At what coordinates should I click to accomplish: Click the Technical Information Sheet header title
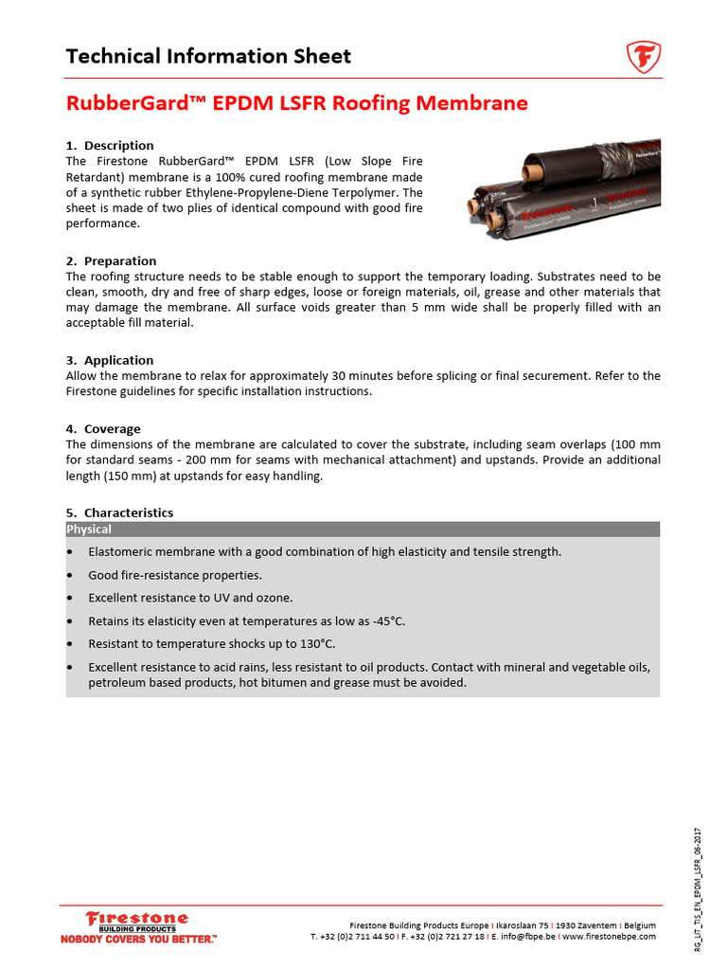(208, 56)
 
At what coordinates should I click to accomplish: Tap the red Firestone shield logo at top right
(644, 57)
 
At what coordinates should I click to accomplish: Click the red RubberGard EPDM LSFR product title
(296, 103)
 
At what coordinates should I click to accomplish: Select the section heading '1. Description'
(110, 145)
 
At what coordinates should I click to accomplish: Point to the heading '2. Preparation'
(111, 260)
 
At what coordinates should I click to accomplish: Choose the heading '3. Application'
(110, 360)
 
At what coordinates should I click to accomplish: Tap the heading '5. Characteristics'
(119, 512)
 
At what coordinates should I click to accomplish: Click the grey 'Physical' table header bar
(363, 530)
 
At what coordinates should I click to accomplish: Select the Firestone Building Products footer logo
(137, 921)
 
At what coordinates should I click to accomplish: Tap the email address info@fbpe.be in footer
(525, 936)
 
